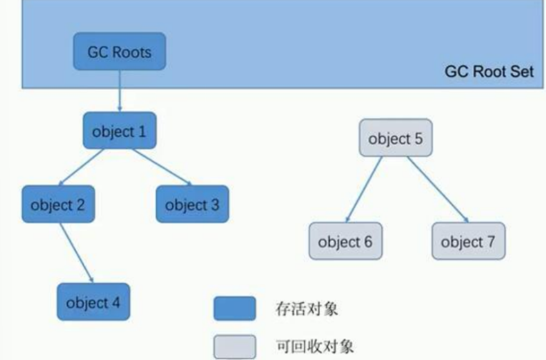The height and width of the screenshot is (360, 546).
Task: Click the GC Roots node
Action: (x=120, y=52)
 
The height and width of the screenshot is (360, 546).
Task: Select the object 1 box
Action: (x=119, y=132)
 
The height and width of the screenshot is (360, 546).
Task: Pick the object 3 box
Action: (x=192, y=204)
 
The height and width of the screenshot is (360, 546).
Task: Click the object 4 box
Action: (x=94, y=303)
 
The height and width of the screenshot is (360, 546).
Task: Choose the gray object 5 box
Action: (x=395, y=139)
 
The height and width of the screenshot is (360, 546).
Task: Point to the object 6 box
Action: (x=345, y=241)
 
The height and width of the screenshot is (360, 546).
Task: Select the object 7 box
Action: (x=468, y=241)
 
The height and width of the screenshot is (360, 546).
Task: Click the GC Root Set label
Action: (x=489, y=71)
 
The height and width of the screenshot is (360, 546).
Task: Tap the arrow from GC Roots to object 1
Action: (x=119, y=93)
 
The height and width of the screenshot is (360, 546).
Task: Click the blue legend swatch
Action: (x=234, y=309)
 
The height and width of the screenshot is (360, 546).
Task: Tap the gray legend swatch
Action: (x=234, y=345)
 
